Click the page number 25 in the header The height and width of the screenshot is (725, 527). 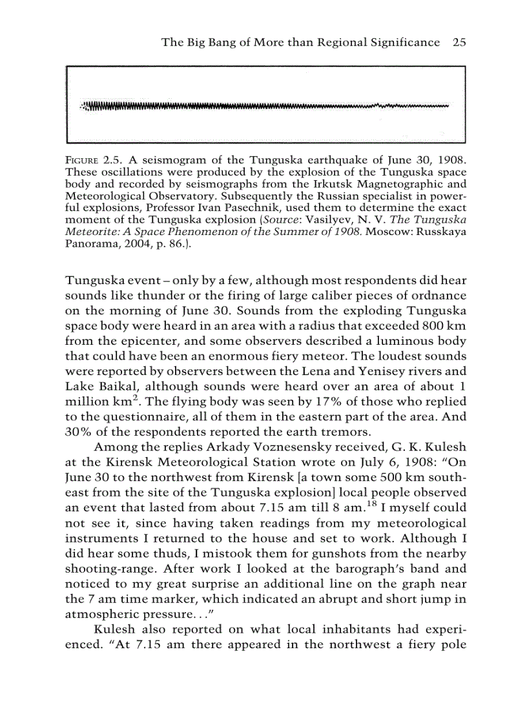[459, 43]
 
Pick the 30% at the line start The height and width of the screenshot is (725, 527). [79, 431]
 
